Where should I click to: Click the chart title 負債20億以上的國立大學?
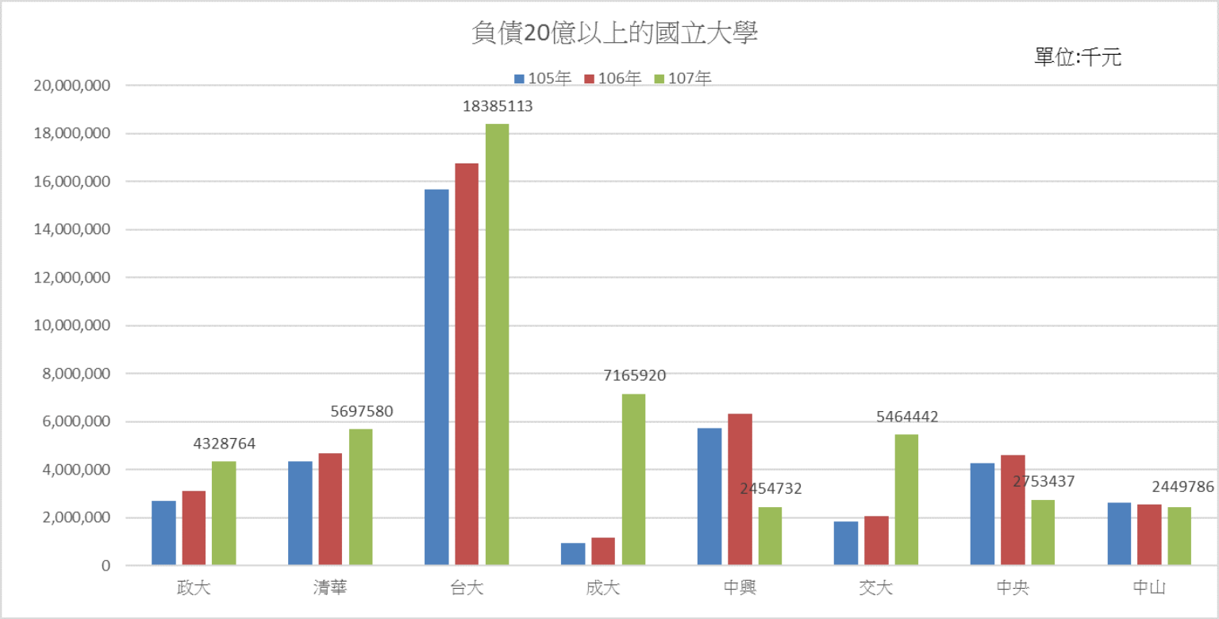pyautogui.click(x=609, y=34)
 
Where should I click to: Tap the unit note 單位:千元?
pyautogui.click(x=1078, y=57)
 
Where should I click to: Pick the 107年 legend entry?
pyautogui.click(x=683, y=79)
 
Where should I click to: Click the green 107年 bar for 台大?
pyautogui.click(x=497, y=344)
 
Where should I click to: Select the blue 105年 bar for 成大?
pyautogui.click(x=572, y=554)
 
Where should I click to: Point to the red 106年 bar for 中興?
pyautogui.click(x=740, y=490)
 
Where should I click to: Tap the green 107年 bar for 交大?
pyautogui.click(x=906, y=500)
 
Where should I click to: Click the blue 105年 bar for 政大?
pyautogui.click(x=163, y=533)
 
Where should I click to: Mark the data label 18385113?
pyautogui.click(x=498, y=106)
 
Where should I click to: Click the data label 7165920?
pyautogui.click(x=634, y=376)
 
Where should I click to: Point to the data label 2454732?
pyautogui.click(x=771, y=489)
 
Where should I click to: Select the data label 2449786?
pyautogui.click(x=1182, y=487)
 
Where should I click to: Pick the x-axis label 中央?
pyautogui.click(x=1013, y=589)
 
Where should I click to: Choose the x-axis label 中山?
pyautogui.click(x=1149, y=589)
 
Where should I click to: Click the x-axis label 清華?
pyautogui.click(x=330, y=589)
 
